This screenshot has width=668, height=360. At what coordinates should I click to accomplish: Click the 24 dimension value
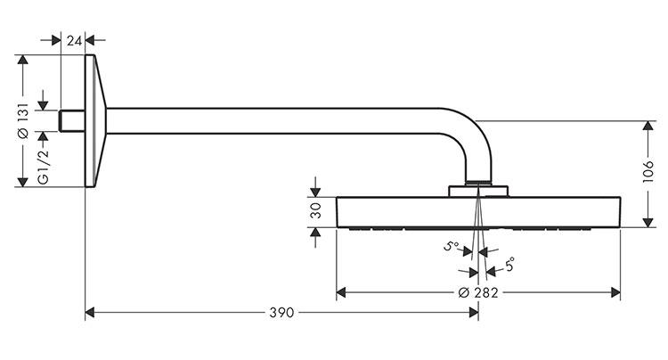74,41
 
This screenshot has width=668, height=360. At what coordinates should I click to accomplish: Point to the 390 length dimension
281,313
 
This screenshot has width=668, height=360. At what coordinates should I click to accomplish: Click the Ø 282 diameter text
479,293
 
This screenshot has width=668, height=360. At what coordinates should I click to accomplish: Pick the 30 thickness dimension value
316,212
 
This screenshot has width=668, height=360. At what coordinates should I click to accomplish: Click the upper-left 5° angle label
452,246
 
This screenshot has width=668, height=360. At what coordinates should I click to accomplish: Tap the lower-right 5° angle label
509,265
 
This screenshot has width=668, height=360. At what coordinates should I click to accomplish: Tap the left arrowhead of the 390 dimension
90,313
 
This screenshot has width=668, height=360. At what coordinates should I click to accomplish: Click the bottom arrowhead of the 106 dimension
648,222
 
